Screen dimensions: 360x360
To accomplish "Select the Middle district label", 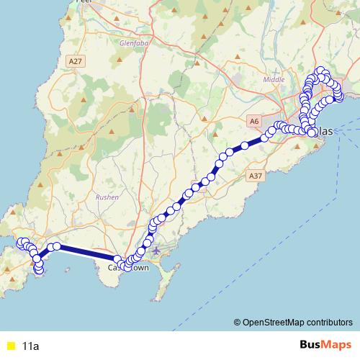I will [x=274, y=79].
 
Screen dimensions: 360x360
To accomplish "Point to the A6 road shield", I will [x=253, y=121].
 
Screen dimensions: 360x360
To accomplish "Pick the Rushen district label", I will [x=108, y=196].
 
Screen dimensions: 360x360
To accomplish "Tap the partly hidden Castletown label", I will [x=128, y=268].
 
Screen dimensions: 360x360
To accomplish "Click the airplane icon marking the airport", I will [x=156, y=250].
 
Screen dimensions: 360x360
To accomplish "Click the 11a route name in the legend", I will [x=30, y=346].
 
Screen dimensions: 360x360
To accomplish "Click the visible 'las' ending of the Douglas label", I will [x=326, y=131].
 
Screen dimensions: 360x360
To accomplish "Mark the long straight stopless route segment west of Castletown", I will [x=86, y=252].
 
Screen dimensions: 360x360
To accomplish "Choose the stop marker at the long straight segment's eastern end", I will [x=117, y=259].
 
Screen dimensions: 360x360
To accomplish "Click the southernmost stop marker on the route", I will [x=39, y=271].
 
